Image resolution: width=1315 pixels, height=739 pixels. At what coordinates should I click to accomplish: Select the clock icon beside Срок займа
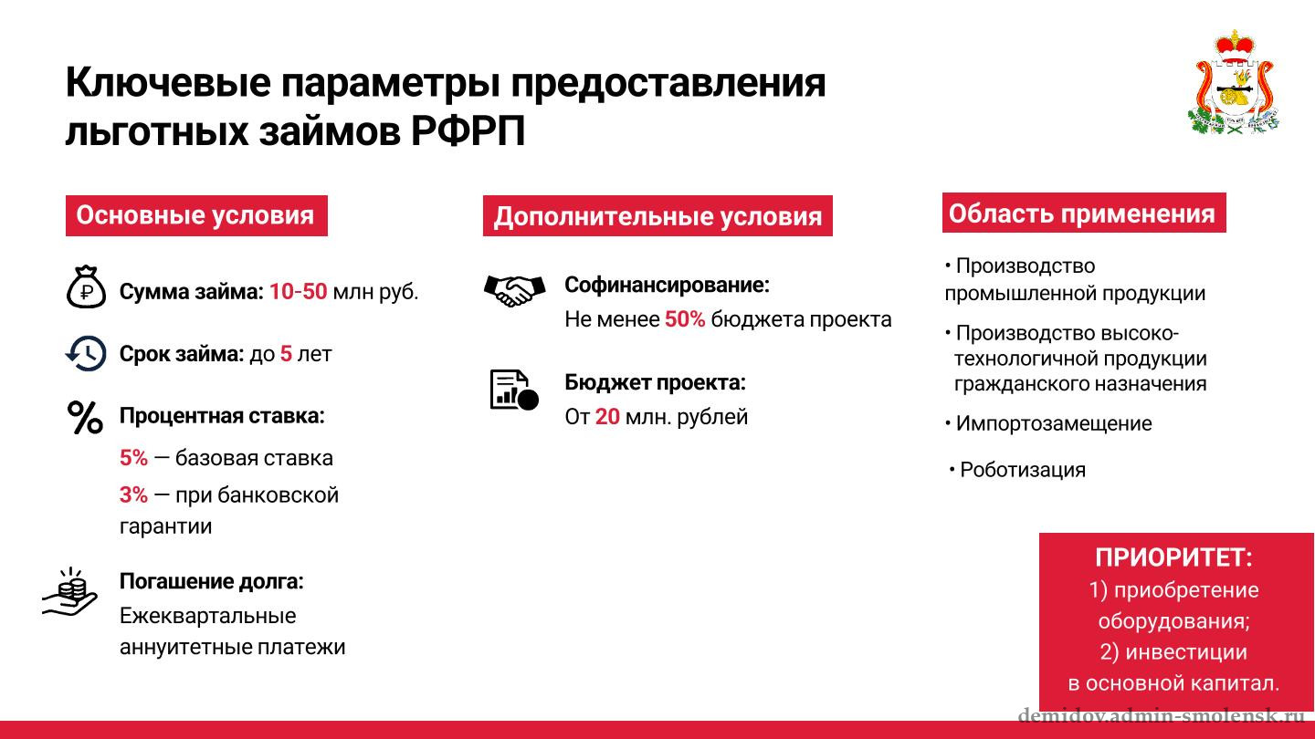(86, 354)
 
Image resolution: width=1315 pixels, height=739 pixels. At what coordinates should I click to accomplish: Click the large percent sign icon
(85, 418)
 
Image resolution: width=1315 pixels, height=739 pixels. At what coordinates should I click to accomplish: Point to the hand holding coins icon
(69, 592)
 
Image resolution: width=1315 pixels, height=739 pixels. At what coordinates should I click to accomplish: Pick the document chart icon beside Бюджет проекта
(514, 390)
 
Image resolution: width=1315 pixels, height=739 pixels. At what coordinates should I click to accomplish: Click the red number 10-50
(298, 292)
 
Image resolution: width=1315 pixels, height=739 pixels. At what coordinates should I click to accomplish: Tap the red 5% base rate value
(133, 457)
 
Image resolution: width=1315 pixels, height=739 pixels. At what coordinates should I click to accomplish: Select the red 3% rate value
(133, 494)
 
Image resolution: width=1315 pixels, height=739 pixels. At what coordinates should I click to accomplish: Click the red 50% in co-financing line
(685, 319)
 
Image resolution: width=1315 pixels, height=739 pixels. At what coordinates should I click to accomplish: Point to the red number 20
(607, 416)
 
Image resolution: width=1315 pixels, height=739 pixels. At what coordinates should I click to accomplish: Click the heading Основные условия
(196, 216)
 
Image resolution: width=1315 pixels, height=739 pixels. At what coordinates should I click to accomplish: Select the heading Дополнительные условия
(657, 216)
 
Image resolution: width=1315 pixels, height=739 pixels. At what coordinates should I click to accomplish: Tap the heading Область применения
(1084, 213)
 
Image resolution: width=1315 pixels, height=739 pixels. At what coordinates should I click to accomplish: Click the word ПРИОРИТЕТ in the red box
(1173, 557)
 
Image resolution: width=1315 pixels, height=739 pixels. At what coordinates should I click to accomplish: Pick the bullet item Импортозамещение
(1048, 423)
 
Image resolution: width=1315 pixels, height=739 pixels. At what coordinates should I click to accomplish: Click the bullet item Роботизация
(1017, 470)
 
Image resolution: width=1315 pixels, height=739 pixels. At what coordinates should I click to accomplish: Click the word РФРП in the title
(468, 130)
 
